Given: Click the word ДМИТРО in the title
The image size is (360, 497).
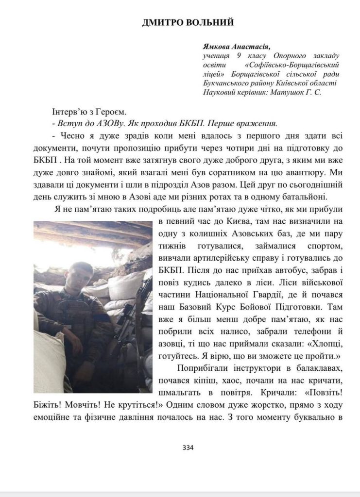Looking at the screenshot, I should click(161, 22).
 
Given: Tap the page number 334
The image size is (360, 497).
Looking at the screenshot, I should click(188, 447).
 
